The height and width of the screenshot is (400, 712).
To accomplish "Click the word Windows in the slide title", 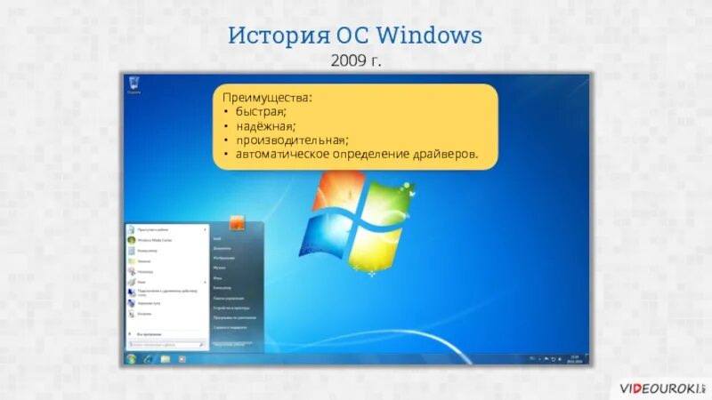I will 429,36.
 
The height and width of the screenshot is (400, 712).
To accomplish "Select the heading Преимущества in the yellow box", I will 268,96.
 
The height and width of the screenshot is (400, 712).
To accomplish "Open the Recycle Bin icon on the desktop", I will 133,84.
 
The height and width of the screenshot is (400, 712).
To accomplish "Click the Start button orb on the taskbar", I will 131,357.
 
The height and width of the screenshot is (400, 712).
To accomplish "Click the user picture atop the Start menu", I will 238,223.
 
